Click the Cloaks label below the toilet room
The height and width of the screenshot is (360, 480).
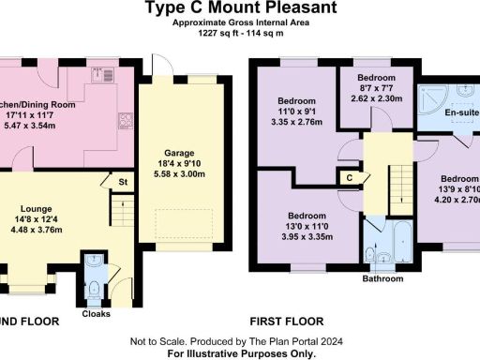pyautogui.click(x=97, y=314)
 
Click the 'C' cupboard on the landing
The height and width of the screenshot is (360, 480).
pyautogui.click(x=350, y=177)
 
